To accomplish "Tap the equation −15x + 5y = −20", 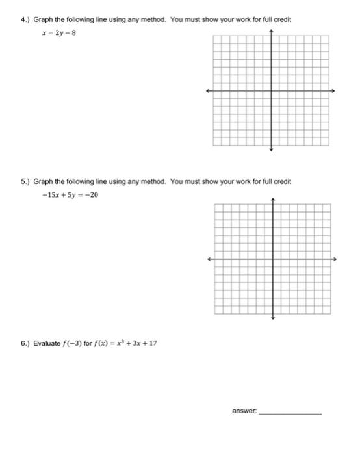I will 70,195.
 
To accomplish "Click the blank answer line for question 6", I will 290,413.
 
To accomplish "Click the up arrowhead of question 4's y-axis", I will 272,31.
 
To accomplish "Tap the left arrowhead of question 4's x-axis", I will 208,90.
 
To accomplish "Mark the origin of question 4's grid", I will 272,90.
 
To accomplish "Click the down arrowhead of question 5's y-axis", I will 273,318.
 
